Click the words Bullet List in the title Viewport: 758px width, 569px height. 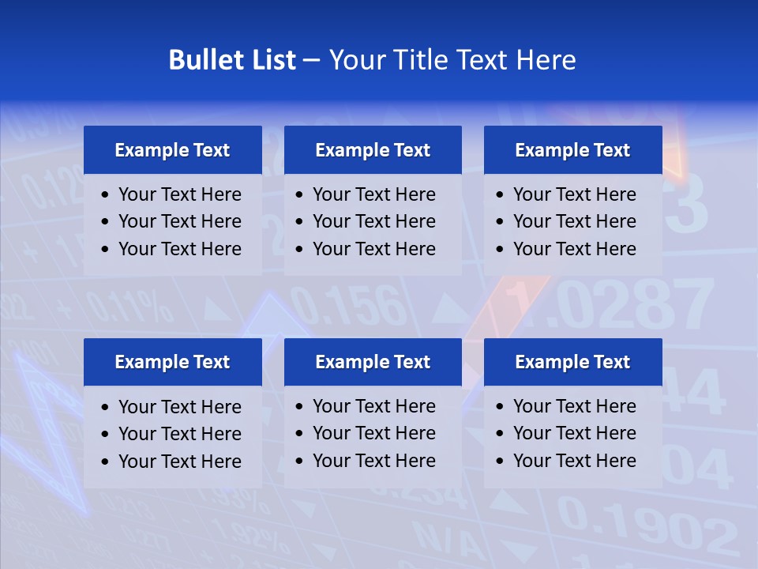(232, 60)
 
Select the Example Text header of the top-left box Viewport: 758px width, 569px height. (172, 150)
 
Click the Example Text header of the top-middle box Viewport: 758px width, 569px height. (373, 150)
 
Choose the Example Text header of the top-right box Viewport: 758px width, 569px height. (572, 150)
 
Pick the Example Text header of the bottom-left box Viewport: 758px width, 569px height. (172, 362)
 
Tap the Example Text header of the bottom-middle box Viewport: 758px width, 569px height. (373, 362)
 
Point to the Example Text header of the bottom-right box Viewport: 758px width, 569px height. (572, 362)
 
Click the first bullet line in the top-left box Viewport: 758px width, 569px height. (179, 194)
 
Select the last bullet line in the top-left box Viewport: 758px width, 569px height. (179, 249)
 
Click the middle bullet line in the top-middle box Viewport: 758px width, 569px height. (373, 221)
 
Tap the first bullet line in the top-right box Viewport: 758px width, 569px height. (574, 194)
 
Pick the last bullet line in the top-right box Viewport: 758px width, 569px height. (574, 249)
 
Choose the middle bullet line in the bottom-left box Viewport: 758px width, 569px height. (179, 434)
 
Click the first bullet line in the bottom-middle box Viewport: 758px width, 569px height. (373, 406)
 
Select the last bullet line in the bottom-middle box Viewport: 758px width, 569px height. (373, 461)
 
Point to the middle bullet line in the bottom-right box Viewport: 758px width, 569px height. (574, 433)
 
